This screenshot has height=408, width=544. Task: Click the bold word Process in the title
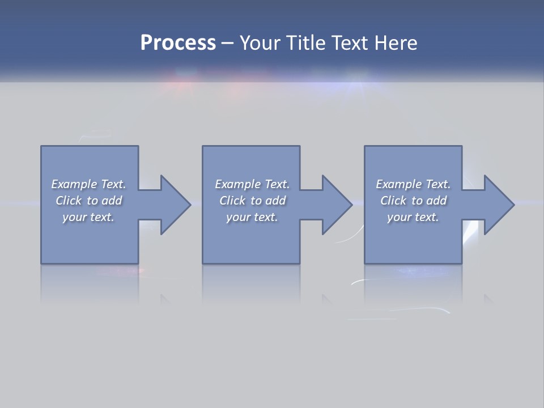coord(178,43)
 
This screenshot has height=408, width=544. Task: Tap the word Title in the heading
coord(305,43)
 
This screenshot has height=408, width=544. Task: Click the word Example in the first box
coord(74,184)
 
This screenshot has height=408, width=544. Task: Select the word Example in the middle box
coord(237,184)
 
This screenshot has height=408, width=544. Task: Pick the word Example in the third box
coord(398,184)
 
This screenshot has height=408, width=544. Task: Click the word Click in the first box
coord(69,201)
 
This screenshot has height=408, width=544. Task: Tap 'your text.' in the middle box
coord(252,217)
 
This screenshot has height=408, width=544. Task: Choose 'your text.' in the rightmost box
coord(413,217)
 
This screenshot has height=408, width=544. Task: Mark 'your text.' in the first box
coord(88,217)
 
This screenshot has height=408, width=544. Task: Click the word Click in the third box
coord(393,201)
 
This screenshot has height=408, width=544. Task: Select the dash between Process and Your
coord(227,43)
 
